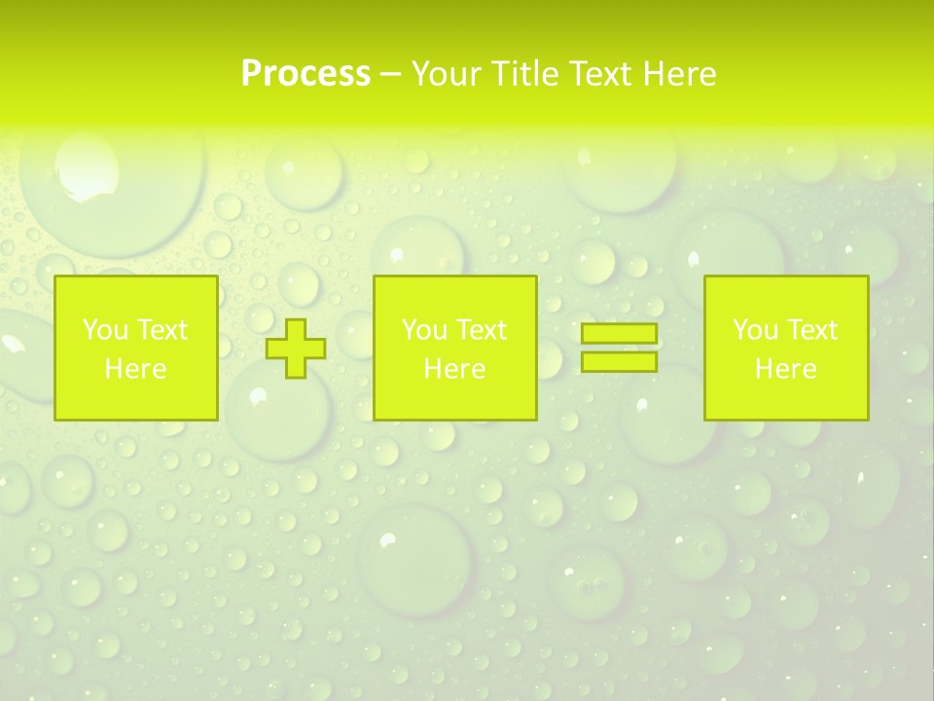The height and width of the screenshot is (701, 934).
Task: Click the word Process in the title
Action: [305, 74]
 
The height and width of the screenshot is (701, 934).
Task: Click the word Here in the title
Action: [680, 74]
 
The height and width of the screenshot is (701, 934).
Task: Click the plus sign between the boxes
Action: [297, 349]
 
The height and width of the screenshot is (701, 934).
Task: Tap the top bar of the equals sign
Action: [619, 334]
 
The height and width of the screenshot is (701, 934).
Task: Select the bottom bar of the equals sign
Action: [619, 362]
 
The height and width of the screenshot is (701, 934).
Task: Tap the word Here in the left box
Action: [135, 369]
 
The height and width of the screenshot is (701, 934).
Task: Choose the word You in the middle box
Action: [423, 330]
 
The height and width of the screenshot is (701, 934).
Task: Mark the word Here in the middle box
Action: [454, 369]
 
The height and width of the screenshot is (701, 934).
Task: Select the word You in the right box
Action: [754, 330]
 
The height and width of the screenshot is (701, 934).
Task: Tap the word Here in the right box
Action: [785, 369]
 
